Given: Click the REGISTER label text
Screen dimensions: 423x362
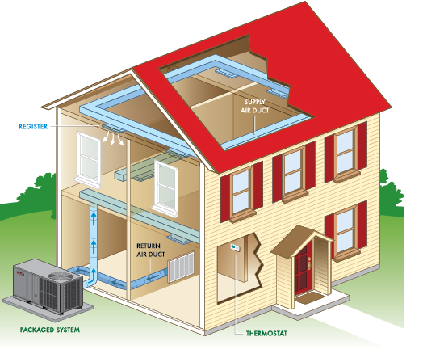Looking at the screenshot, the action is [33, 126].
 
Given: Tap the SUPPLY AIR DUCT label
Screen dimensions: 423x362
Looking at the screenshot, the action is [254, 106].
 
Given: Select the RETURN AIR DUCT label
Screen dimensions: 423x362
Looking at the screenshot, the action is [150, 250].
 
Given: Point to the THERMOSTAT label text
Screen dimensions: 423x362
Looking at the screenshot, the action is [266, 334].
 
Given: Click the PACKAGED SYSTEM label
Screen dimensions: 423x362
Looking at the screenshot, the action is [50, 330].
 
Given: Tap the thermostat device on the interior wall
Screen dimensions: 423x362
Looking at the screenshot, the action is [235, 247].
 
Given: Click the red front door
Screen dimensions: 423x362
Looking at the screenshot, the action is [303, 267].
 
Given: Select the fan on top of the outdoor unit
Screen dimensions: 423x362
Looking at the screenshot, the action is [61, 276].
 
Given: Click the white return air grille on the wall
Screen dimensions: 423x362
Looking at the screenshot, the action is [181, 267].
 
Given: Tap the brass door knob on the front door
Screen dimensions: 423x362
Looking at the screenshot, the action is [309, 263].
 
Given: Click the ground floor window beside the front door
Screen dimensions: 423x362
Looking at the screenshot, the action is [346, 234].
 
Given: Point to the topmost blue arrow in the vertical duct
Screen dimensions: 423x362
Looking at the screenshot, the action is [94, 219].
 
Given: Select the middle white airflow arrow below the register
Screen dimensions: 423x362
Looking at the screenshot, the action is [112, 139].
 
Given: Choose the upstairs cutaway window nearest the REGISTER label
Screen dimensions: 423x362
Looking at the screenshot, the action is [89, 159].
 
